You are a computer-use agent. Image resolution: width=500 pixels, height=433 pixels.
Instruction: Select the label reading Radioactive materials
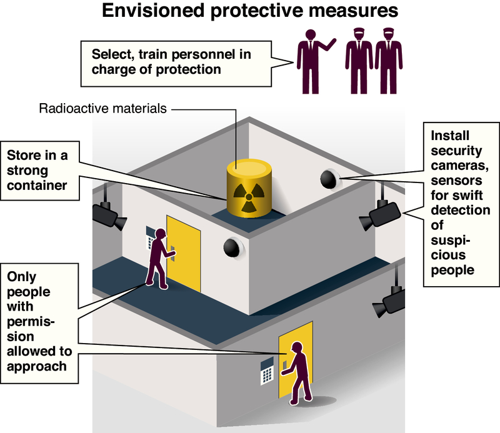pyautogui.click(x=103, y=108)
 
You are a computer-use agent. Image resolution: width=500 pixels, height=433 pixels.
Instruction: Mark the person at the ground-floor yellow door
pyautogui.click(x=299, y=372)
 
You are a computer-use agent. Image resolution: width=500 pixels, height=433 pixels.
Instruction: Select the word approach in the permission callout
pyautogui.click(x=37, y=366)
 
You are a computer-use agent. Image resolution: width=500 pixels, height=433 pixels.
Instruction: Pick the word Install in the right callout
pyautogui.click(x=449, y=135)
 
